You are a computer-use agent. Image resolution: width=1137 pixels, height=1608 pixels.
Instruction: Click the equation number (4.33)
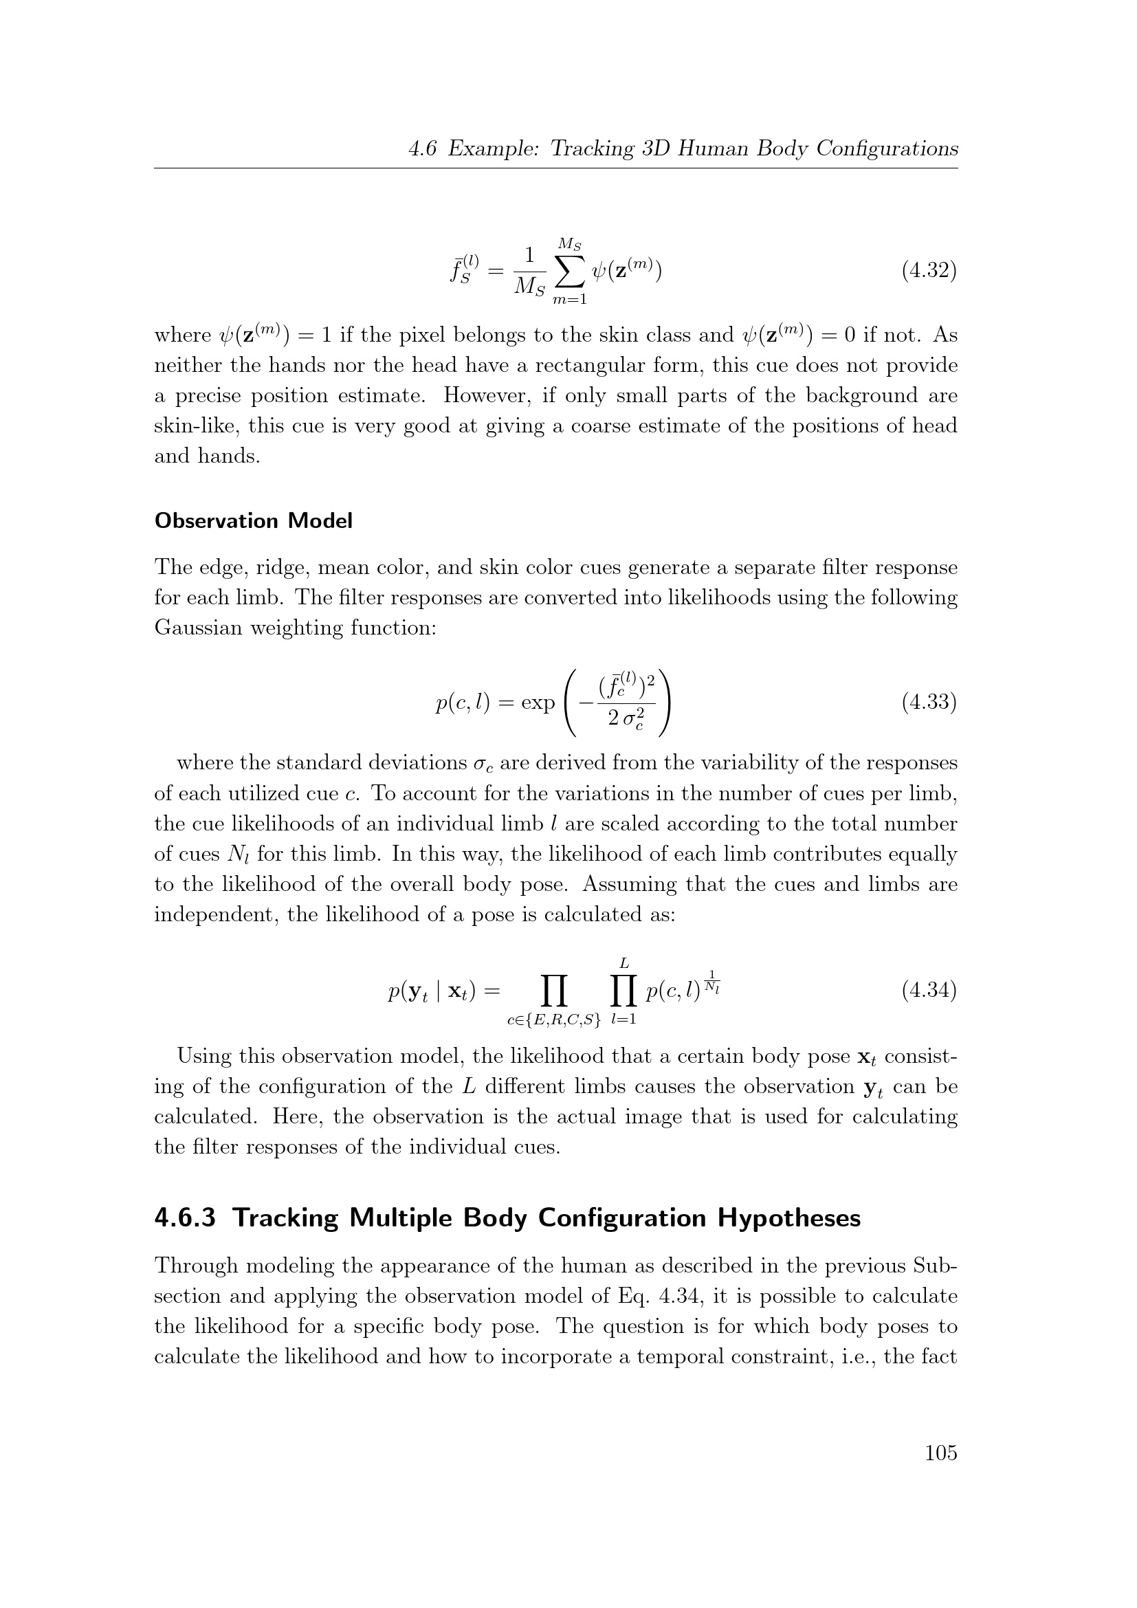(x=928, y=701)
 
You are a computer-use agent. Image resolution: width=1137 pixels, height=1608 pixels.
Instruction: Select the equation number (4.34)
(x=928, y=990)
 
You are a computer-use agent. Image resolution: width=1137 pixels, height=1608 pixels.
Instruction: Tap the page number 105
(x=940, y=1453)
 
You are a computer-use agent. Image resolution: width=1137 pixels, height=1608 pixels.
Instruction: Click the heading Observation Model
(x=253, y=521)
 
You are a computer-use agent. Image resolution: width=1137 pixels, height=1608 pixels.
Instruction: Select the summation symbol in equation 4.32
(x=568, y=272)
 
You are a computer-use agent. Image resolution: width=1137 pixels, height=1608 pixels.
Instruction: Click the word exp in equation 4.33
(x=538, y=702)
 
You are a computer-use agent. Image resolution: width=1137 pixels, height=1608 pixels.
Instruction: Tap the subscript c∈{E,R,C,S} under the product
(x=554, y=1020)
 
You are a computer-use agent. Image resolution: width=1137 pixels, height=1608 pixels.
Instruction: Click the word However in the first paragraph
(x=483, y=396)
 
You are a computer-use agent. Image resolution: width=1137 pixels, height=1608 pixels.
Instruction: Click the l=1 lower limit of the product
(x=623, y=1020)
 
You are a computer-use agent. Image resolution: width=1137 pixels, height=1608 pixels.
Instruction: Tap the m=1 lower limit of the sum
(x=568, y=300)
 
